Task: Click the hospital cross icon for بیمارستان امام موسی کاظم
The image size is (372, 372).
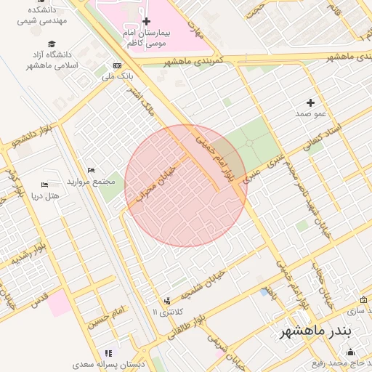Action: coord(146,22)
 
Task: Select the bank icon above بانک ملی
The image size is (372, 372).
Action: coord(117,65)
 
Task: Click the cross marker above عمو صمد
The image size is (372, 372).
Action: coord(311,102)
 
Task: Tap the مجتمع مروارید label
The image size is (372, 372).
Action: coord(92,180)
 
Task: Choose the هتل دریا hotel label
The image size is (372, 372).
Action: coord(44,195)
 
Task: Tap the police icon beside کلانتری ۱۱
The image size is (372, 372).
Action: coord(168,300)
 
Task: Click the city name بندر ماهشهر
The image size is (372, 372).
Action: coord(316,331)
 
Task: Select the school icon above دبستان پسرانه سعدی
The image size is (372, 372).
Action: coord(110,353)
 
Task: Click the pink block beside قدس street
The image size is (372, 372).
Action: coord(60,304)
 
